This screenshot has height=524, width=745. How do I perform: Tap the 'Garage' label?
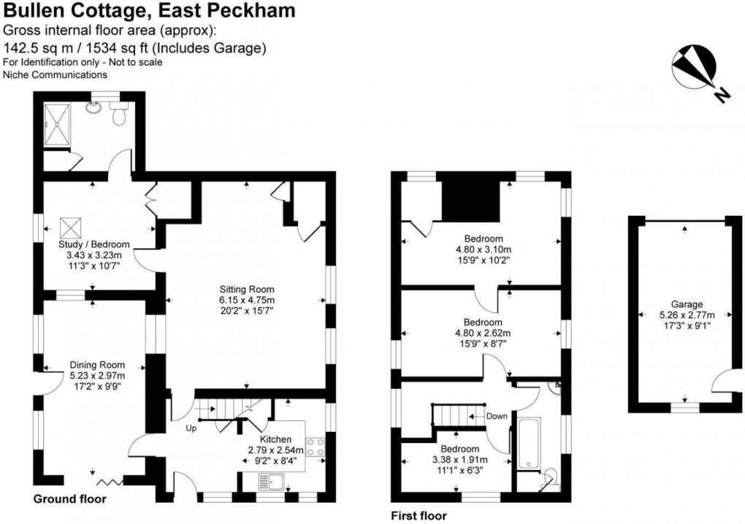point(687,304)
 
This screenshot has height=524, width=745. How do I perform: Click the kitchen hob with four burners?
point(316,447)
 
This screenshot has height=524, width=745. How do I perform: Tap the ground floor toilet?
point(119,114)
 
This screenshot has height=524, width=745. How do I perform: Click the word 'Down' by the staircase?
point(497,416)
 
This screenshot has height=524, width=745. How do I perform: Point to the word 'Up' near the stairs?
point(190,428)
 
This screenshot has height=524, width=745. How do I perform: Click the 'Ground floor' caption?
point(70,500)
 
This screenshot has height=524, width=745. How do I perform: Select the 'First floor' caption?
point(418,516)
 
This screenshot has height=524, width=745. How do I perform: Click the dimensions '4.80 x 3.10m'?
point(483,249)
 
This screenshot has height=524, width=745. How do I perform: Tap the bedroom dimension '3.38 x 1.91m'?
point(459,460)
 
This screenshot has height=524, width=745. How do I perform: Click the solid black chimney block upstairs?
point(470,196)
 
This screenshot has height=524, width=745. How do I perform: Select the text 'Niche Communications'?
point(55,74)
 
